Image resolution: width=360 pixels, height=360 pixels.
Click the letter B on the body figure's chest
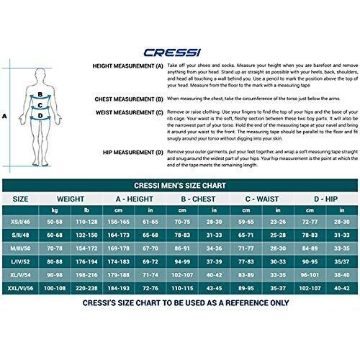coord(42,94)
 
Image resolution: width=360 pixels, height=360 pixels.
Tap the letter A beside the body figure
coord(4,114)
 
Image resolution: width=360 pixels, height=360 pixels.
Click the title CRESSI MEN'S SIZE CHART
coord(179,184)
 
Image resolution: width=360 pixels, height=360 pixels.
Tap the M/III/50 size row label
coord(21,247)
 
